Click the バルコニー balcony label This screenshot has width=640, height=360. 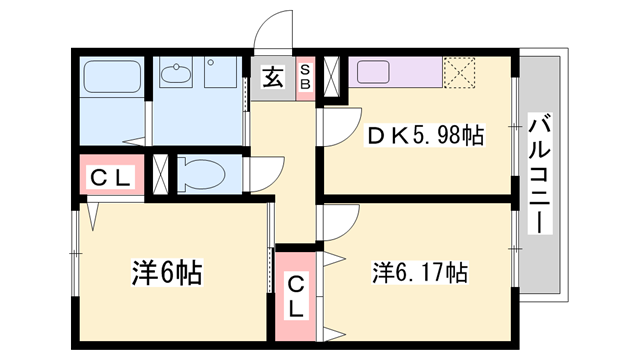(x=541, y=174)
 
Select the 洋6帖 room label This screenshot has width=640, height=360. (x=168, y=272)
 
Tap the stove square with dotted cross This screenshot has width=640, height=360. (x=461, y=71)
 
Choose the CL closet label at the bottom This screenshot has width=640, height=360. (x=297, y=297)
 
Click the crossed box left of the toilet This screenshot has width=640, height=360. (x=166, y=174)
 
